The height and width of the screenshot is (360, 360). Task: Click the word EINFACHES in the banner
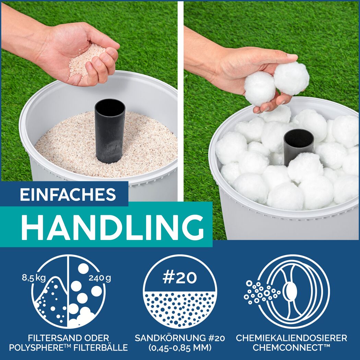point(68,194)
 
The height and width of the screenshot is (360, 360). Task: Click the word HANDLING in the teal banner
point(113,227)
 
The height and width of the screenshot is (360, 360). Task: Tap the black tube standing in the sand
point(110,131)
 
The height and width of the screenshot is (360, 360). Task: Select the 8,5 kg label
point(34,278)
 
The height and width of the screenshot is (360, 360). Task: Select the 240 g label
point(100,278)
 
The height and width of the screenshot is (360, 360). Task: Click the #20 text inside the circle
point(180,278)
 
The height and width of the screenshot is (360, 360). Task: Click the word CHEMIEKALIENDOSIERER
point(291,338)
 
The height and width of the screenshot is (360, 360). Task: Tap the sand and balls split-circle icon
point(69,291)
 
